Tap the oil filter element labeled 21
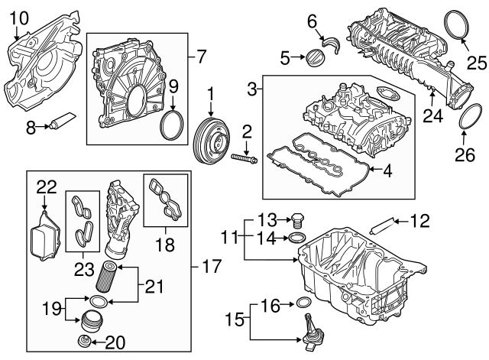[x=107, y=276]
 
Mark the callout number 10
[x=19, y=17]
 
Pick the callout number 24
[x=434, y=117]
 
